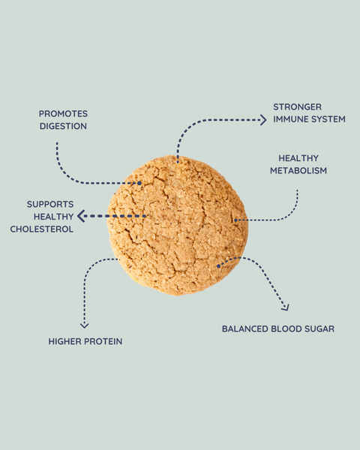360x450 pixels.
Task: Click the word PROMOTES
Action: (63, 114)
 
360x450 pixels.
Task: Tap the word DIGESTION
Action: (63, 126)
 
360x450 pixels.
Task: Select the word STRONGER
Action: (298, 106)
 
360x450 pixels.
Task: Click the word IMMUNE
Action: (289, 119)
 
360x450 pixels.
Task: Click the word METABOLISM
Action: (298, 170)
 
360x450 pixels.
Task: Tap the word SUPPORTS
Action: (50, 204)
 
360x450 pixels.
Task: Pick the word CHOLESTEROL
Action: (42, 229)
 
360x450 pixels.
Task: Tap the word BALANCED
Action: (245, 328)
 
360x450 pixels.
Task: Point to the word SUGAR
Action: (319, 328)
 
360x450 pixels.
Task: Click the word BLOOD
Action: (286, 328)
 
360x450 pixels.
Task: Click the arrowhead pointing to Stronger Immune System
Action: (263, 120)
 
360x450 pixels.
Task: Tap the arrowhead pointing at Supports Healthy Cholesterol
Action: (81, 216)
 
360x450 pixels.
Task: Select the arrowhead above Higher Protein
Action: (84, 325)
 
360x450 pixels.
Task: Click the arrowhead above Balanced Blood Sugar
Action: (286, 307)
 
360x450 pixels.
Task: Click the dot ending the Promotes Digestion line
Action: (139, 183)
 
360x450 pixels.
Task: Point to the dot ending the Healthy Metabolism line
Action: (235, 220)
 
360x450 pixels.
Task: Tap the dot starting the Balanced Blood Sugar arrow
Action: (218, 266)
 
